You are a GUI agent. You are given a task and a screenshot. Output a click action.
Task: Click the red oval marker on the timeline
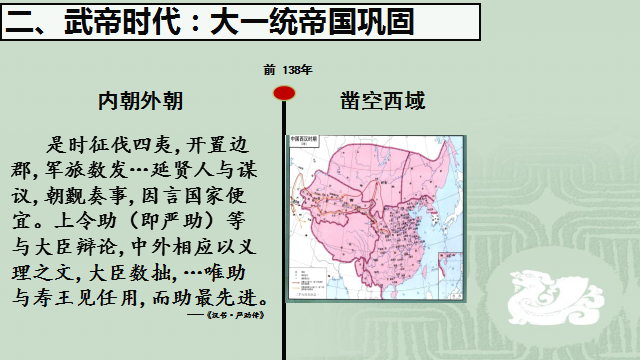[284, 93]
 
